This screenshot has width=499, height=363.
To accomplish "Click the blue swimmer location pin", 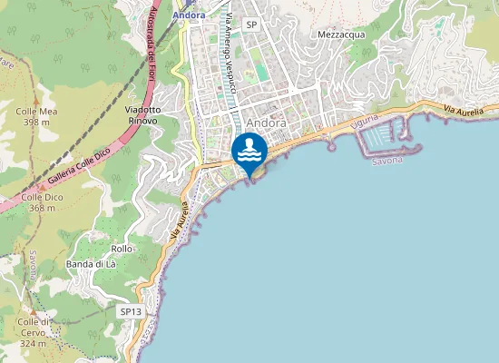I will [x=249, y=151].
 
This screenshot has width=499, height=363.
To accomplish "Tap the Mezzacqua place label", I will [x=341, y=34].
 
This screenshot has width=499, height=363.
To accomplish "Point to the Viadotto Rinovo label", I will [x=143, y=114].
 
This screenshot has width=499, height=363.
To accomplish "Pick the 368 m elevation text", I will [x=42, y=208].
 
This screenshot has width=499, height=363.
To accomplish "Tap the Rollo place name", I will [x=122, y=249].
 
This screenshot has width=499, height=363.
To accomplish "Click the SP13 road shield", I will [x=131, y=311].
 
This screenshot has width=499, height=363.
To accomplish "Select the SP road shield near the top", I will [x=251, y=25].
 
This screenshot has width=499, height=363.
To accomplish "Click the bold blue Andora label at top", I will [x=189, y=15].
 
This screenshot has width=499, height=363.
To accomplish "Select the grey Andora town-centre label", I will [x=266, y=123].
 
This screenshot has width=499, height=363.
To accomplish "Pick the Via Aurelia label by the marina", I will [x=471, y=110].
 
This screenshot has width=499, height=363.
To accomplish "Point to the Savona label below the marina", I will [x=387, y=161].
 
